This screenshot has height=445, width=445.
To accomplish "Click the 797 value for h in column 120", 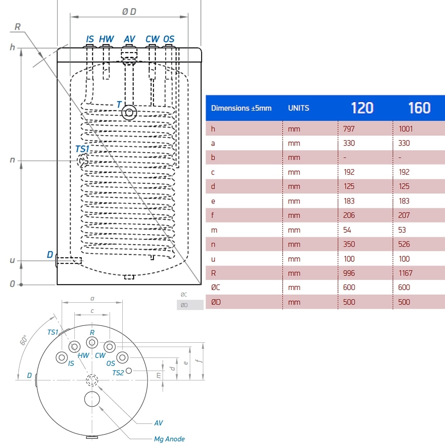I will click(349, 129).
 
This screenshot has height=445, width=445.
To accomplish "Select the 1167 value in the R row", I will click(405, 273).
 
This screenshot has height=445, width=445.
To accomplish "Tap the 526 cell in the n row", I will click(404, 244).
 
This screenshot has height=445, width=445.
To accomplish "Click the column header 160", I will click(419, 108).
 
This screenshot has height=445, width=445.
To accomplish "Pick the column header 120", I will click(362, 108).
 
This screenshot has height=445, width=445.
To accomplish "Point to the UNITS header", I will click(298, 108).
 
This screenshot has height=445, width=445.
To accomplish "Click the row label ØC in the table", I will click(216, 287).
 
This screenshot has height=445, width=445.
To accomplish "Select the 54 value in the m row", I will click(347, 230).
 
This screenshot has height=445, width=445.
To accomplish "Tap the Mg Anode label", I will click(169, 439).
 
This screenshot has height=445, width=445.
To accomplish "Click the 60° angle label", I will click(24, 340).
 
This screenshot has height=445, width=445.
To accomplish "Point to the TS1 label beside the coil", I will click(82, 149).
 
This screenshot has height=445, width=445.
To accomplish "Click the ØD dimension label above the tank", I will click(129, 12).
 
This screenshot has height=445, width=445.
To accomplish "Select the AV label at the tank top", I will click(129, 39).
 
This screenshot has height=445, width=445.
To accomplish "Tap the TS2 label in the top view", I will click(118, 373).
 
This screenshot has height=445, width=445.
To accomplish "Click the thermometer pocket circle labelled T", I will click(129, 113).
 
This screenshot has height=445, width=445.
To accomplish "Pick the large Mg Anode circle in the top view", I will click(92, 399).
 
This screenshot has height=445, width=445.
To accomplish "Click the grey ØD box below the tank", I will click(190, 305).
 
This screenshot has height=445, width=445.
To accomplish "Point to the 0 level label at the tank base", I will click(12, 284).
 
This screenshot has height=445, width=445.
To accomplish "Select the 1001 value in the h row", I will click(405, 129).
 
